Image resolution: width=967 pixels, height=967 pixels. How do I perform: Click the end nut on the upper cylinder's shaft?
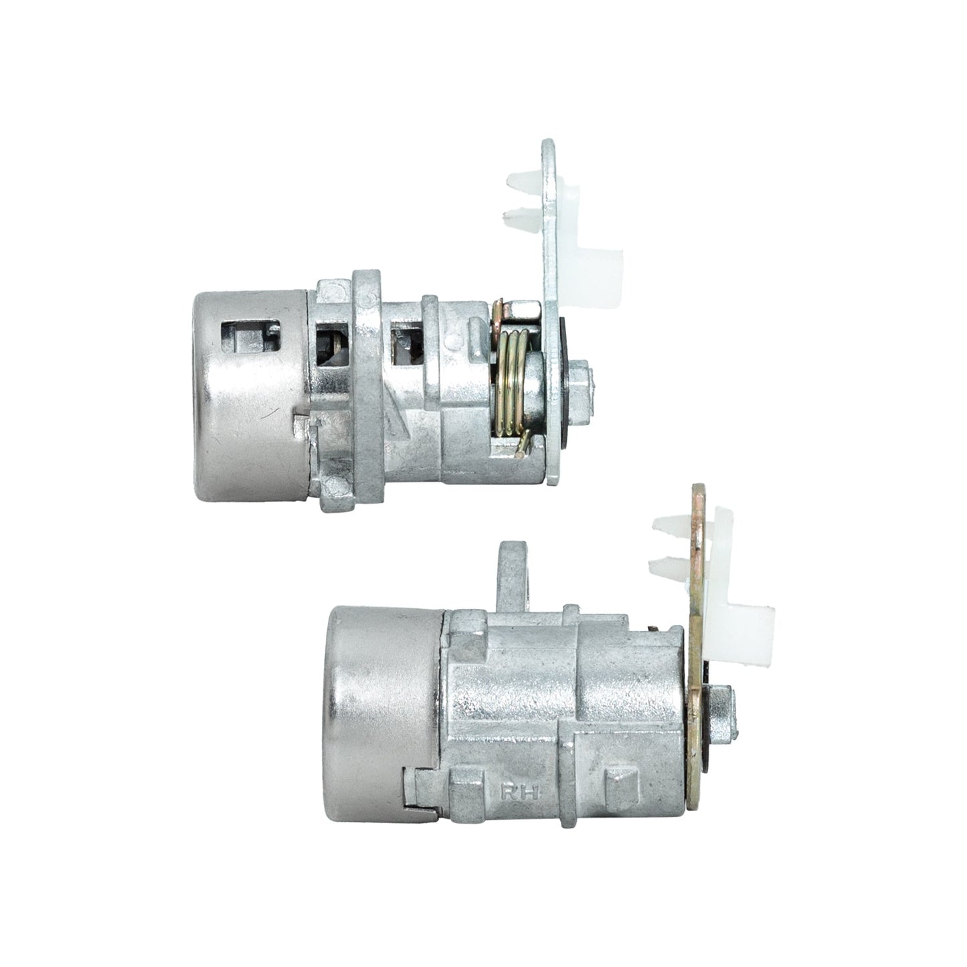581,380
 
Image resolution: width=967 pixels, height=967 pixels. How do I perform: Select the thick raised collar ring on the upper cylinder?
367,388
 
